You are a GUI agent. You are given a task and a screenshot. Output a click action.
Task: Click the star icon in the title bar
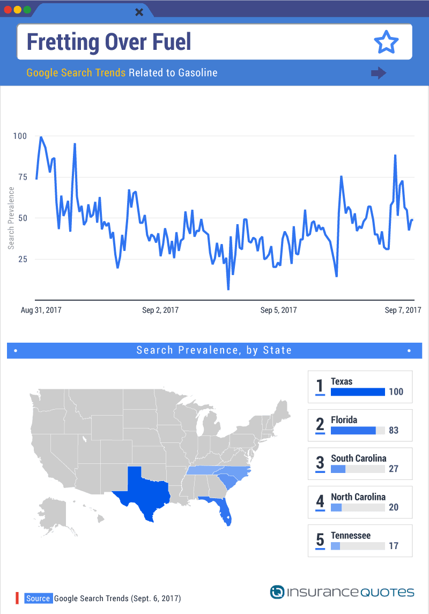(386, 42)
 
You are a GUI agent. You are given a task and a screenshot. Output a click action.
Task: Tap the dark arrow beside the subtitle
(379, 73)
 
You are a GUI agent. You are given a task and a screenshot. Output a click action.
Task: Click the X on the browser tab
(139, 12)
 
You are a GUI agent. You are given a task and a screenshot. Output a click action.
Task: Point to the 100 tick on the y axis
(20, 136)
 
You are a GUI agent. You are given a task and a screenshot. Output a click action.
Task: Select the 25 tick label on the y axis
(23, 259)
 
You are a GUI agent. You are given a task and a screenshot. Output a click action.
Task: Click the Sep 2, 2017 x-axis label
(160, 310)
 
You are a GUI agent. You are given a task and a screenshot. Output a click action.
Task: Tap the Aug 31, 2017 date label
(41, 310)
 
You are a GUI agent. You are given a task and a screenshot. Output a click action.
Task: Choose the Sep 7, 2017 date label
(403, 310)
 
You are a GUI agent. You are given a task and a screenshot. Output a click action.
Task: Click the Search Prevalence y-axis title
(11, 218)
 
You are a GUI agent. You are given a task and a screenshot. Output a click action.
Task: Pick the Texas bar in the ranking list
(358, 392)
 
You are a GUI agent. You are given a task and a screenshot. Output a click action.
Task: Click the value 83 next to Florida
(394, 431)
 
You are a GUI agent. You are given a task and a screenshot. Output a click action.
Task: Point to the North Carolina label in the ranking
(358, 497)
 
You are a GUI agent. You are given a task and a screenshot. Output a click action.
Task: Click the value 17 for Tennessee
(394, 546)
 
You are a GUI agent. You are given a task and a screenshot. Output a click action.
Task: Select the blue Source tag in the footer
(38, 598)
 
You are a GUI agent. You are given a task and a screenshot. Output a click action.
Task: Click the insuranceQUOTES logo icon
(277, 592)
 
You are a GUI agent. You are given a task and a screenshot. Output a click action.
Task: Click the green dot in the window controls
(27, 10)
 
